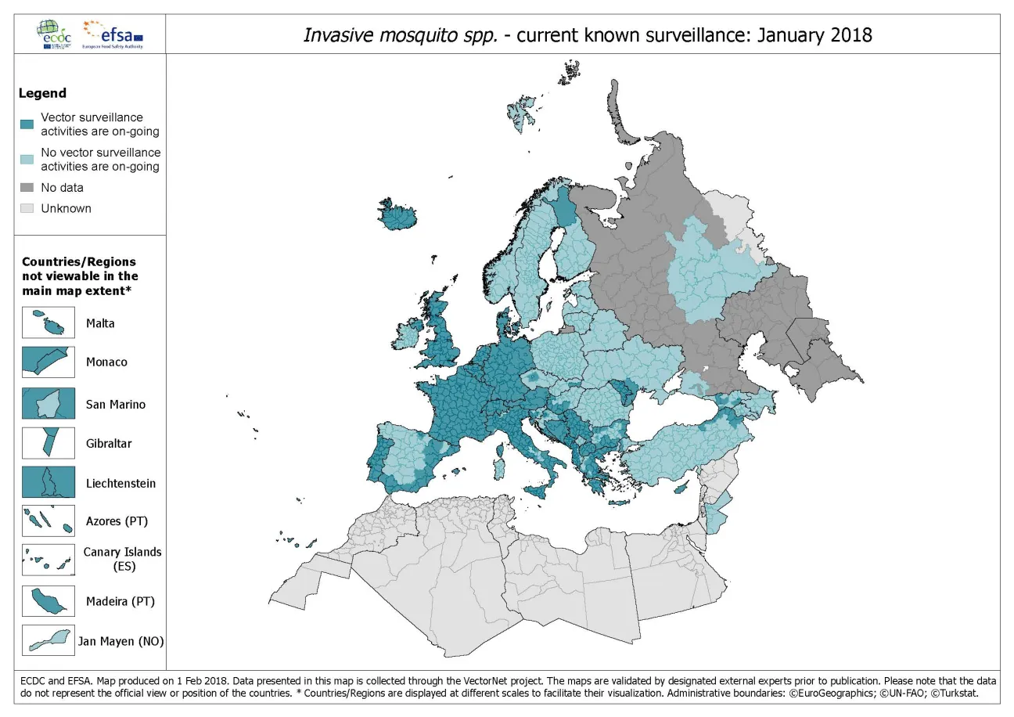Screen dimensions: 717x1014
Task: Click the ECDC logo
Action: [x=53, y=34]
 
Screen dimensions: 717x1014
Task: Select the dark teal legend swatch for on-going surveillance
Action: [x=27, y=124]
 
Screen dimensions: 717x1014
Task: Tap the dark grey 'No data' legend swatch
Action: [x=27, y=188]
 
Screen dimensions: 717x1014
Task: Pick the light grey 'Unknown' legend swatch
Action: [x=27, y=208]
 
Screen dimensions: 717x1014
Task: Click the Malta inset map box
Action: [x=49, y=322]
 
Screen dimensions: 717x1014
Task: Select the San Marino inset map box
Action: [x=49, y=404]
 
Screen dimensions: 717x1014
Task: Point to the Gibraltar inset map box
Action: [x=49, y=443]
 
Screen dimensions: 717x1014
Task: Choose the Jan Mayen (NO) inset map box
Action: [x=49, y=641]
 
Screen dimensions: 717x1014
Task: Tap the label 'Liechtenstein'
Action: [x=120, y=483]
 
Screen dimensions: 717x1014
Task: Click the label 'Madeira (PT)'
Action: [x=120, y=602]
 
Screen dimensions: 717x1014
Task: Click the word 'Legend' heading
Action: [x=42, y=93]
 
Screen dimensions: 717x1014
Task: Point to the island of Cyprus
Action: [x=681, y=488]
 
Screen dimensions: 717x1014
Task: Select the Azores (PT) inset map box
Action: [x=49, y=521]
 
